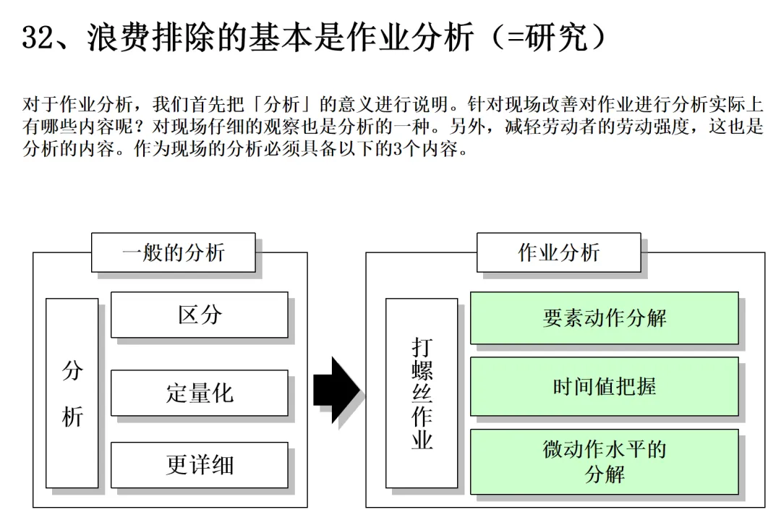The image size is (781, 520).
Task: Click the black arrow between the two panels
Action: (x=336, y=390)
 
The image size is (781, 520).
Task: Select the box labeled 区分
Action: (x=199, y=315)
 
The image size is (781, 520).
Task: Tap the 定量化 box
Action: (x=199, y=393)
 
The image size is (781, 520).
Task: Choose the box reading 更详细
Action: (x=199, y=464)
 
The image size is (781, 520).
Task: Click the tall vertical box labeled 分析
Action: (x=72, y=393)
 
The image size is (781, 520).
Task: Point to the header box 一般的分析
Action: (x=174, y=252)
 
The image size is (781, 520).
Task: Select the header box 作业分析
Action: (x=558, y=252)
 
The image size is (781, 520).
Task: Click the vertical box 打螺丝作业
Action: (x=422, y=393)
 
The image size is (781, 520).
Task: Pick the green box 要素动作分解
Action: (x=604, y=318)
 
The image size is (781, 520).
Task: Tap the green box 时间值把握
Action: (x=604, y=386)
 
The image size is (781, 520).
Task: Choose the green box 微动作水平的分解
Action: (x=604, y=461)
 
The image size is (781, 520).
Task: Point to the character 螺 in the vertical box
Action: (x=422, y=370)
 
